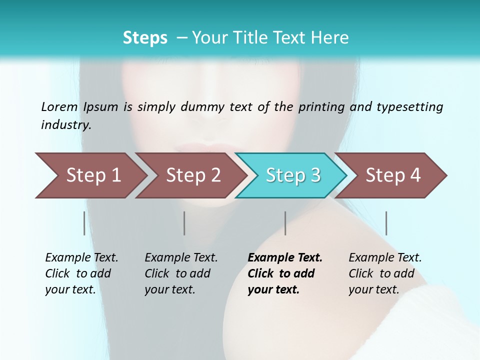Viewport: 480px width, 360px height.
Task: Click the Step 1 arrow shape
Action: (x=90, y=175)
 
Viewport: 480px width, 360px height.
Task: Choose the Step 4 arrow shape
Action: (x=392, y=175)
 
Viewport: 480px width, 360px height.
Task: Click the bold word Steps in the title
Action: (x=145, y=38)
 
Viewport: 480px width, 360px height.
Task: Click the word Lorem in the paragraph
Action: (x=59, y=106)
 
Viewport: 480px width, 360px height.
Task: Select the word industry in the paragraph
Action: (x=66, y=125)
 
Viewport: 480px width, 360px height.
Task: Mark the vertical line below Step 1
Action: (x=84, y=223)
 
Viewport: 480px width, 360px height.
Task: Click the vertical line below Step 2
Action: (x=184, y=223)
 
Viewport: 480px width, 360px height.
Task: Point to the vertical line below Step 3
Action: (x=285, y=223)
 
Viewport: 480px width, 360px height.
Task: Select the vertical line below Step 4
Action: (x=386, y=223)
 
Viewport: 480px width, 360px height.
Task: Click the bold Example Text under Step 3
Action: (x=285, y=273)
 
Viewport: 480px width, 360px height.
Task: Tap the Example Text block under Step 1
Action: (x=81, y=273)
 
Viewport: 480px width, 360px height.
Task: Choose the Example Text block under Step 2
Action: (x=181, y=273)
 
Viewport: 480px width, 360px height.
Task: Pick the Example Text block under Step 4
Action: (x=385, y=273)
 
